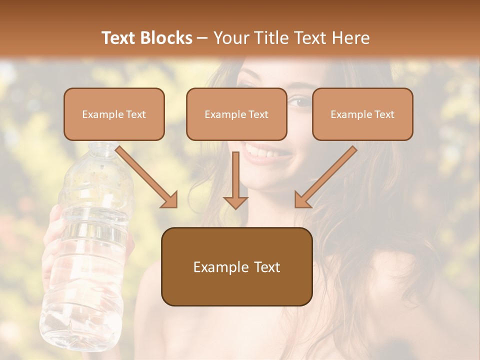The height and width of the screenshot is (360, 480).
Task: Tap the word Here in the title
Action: point(350,38)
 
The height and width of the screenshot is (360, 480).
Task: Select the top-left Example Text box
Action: point(114,114)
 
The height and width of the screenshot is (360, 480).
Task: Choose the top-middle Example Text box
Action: point(236,114)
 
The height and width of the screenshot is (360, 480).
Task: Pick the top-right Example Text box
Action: point(362,114)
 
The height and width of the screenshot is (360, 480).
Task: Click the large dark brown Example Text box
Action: point(236,266)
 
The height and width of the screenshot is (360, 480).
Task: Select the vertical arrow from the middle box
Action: point(235,180)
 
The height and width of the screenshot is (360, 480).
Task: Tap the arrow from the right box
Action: point(325,177)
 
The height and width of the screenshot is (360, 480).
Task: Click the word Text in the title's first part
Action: point(119,38)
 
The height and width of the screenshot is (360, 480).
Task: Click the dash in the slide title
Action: point(202,38)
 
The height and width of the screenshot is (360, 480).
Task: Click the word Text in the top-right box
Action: point(384,114)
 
